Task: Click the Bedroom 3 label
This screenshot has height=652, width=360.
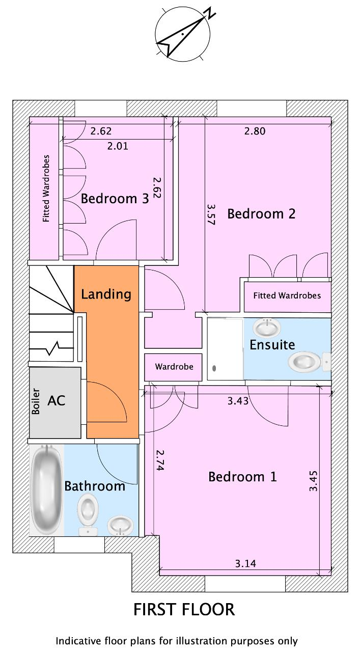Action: [x=115, y=199]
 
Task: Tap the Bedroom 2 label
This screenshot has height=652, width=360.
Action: [x=261, y=214]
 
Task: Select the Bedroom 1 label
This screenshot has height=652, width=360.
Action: [x=242, y=477]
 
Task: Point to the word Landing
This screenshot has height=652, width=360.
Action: [x=106, y=294]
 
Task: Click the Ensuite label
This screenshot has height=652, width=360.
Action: [x=272, y=345]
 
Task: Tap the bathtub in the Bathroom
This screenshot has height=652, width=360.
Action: [x=46, y=490]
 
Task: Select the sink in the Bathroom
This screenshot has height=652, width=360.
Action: [x=121, y=526]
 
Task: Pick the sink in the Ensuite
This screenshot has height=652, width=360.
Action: [x=267, y=328]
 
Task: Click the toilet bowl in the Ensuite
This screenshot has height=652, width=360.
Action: [x=304, y=362]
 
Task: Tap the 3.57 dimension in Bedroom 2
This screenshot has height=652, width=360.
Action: [x=211, y=214]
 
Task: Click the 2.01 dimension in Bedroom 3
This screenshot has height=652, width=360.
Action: [x=118, y=146]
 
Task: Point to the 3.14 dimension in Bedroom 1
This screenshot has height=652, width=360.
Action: [x=245, y=563]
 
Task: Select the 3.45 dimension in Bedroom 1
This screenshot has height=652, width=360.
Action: [x=313, y=481]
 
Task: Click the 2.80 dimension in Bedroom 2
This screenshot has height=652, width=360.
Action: [x=255, y=131]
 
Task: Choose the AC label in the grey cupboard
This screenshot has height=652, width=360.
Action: [x=57, y=401]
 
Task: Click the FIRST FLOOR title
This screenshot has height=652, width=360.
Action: [x=184, y=610]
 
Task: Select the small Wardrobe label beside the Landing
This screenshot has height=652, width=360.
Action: [x=174, y=366]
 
